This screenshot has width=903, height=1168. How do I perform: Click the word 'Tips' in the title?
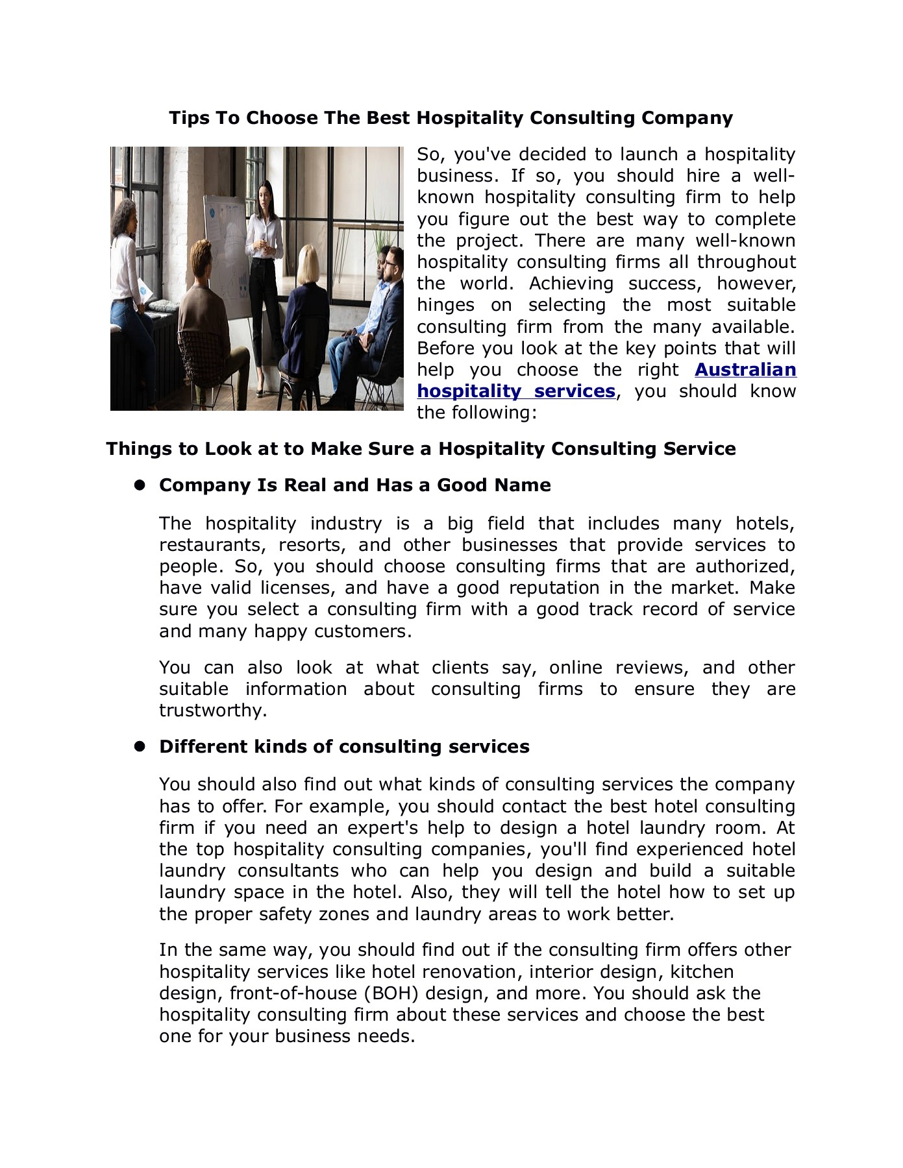point(185,118)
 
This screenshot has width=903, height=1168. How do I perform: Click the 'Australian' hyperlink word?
point(745,370)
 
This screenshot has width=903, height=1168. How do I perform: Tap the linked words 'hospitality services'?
point(515,391)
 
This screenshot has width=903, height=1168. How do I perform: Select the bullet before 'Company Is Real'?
point(139,485)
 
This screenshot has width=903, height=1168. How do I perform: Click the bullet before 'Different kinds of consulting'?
point(139,746)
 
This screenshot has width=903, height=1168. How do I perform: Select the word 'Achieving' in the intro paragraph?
point(571,284)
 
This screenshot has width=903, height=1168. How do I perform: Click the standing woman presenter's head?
point(265,193)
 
